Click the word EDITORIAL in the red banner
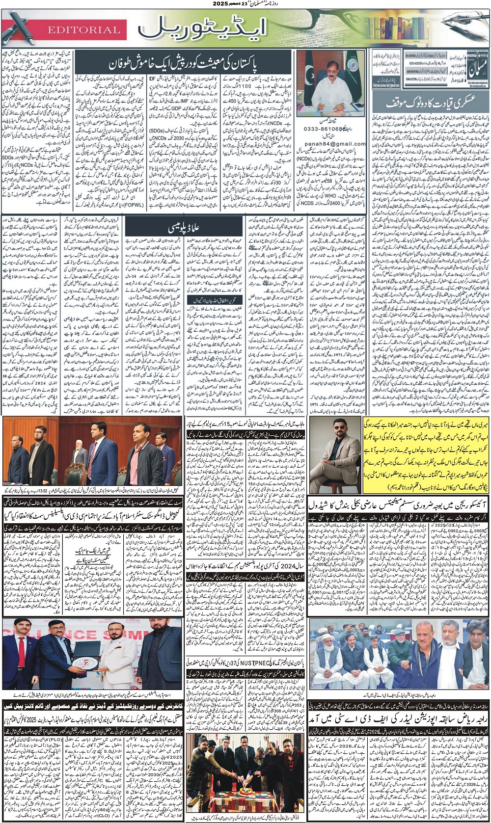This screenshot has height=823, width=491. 83,30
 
